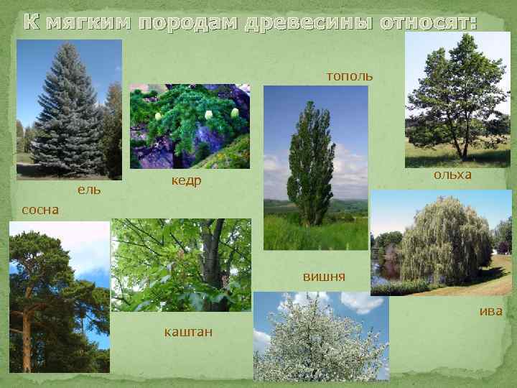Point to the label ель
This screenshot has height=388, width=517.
(89, 190)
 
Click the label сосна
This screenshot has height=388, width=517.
(41, 211)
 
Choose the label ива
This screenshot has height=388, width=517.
(490, 310)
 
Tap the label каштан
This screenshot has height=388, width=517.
(182, 332)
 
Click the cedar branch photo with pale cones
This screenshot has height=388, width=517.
(190, 126)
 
